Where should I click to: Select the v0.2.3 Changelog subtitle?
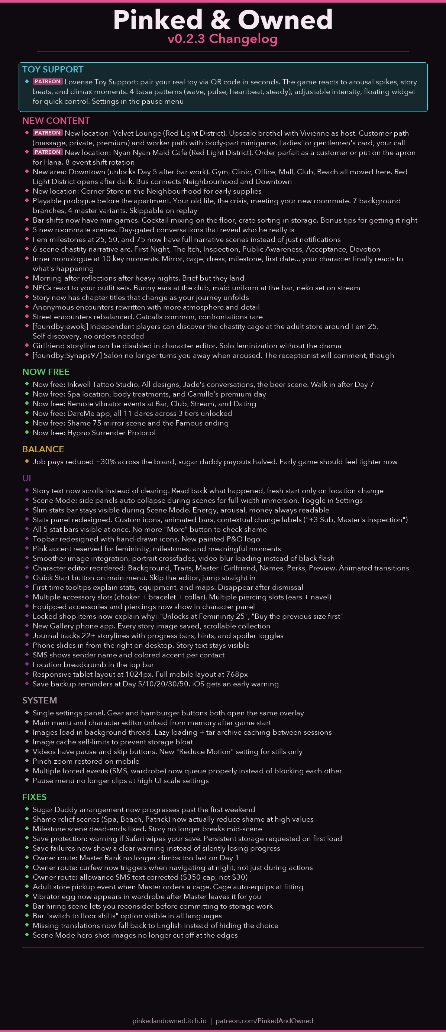point(223,39)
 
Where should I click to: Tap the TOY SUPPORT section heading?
point(53,69)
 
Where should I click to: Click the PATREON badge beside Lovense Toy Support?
point(47,81)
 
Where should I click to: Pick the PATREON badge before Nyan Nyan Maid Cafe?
point(47,152)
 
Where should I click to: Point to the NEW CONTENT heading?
point(56,120)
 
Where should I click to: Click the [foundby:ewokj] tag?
point(60,327)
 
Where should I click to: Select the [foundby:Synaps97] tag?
point(67,355)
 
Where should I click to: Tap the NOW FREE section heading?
point(46,372)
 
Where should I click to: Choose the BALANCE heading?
point(43,449)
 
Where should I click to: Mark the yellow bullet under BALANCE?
point(27,461)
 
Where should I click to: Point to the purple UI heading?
point(26,478)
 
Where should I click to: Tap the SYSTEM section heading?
point(40,700)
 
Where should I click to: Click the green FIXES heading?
point(35,797)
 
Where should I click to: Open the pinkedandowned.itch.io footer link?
point(169,1020)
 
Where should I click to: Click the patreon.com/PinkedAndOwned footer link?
point(264,1020)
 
